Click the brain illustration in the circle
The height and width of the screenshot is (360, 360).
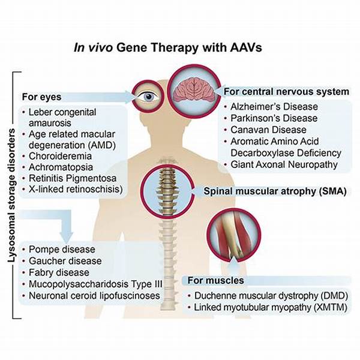point(194,91)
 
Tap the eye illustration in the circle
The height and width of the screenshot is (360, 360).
point(148,96)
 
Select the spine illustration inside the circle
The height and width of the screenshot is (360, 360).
point(167,191)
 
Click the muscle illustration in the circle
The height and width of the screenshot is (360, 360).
point(234,235)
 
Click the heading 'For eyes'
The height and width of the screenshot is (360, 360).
point(41,97)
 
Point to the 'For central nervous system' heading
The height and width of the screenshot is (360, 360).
point(286,92)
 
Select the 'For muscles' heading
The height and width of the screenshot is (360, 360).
point(215,280)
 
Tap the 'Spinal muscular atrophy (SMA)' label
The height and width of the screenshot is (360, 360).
point(275,191)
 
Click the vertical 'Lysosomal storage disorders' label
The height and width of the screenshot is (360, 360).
point(11,195)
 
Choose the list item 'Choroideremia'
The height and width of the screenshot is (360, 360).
point(60,156)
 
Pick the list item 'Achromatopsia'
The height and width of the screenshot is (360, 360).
point(61,167)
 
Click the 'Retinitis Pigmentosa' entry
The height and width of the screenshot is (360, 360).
point(73,178)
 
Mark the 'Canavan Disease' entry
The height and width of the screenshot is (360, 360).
point(268,130)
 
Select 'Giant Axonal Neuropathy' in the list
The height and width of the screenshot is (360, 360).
point(284,164)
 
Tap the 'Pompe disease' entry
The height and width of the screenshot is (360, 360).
point(62,250)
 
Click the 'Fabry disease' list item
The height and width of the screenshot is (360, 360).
point(59,273)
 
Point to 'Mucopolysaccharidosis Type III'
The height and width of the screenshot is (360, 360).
point(95,284)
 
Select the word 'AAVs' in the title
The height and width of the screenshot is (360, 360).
point(245,48)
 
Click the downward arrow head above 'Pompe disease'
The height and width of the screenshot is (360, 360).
point(67,238)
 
